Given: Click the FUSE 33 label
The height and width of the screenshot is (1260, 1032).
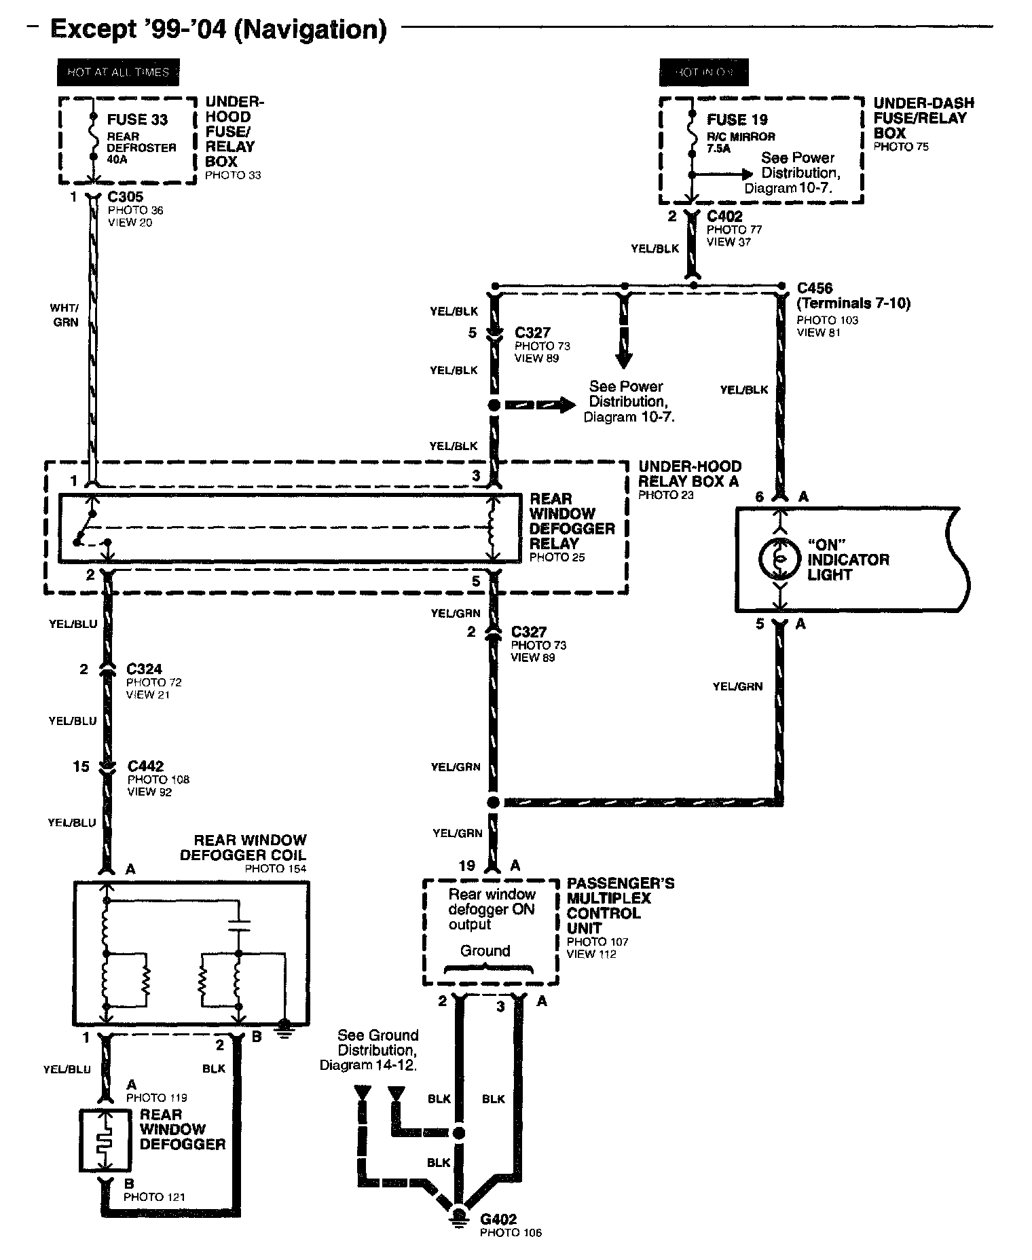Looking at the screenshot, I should click(x=137, y=120).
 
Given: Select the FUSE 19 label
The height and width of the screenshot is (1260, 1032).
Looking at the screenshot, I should click(x=737, y=120).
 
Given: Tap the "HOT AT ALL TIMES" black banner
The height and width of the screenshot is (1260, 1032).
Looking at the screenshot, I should click(x=118, y=72).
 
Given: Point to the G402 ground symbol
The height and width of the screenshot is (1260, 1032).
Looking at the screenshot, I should click(x=459, y=1217).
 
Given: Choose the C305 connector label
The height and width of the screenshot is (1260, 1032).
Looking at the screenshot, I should click(x=126, y=197).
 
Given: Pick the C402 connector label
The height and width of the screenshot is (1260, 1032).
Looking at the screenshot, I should click(x=724, y=217).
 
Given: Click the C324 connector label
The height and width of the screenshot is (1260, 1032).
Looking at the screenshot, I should click(x=144, y=669).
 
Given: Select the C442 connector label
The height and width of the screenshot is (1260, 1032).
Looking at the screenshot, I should click(x=145, y=767).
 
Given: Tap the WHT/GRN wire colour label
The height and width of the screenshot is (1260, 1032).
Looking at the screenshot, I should click(x=64, y=316).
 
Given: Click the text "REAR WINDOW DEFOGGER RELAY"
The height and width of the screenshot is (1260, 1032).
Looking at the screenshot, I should click(x=572, y=521).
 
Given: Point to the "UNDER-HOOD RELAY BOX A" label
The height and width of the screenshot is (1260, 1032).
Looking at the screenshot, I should click(x=689, y=474).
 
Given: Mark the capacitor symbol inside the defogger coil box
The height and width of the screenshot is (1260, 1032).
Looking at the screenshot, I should click(x=238, y=924).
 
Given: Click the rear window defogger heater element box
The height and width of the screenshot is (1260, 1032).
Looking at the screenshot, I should click(x=105, y=1141).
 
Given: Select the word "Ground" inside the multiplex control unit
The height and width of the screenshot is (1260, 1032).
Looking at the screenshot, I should click(x=485, y=951).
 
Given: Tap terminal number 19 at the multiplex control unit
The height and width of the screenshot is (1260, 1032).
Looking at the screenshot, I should click(x=466, y=866).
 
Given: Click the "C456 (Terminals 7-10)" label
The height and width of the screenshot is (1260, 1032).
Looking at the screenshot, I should click(x=853, y=295).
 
